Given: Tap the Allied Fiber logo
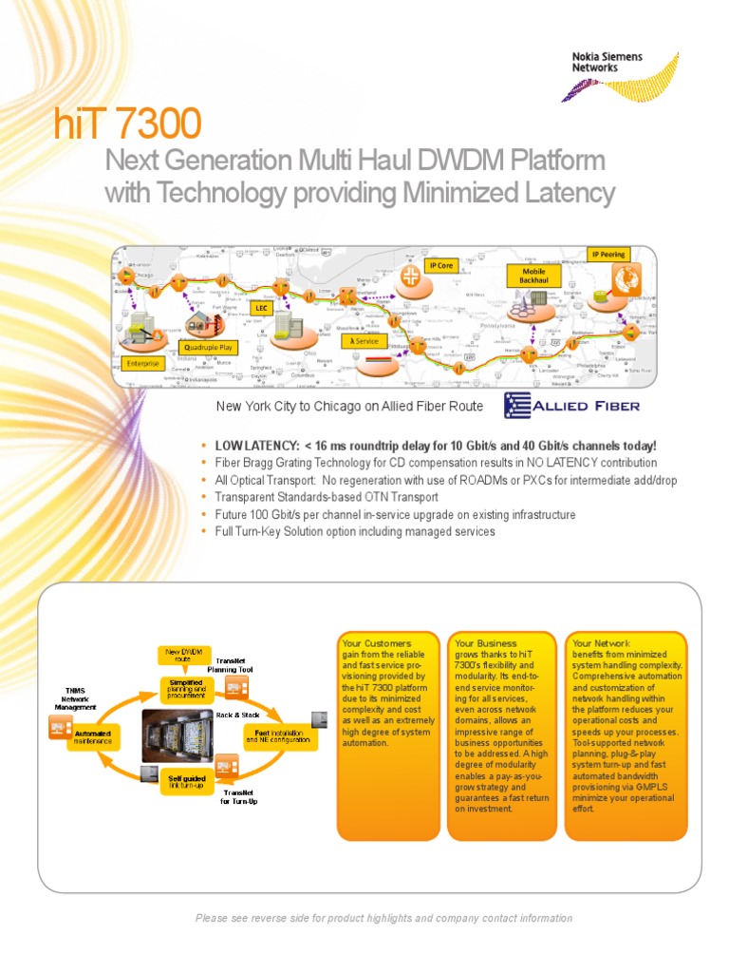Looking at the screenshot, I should pos(571,406).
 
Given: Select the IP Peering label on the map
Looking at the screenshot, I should pos(608,255).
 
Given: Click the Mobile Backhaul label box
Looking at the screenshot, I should pos(533,276).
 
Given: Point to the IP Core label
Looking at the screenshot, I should pos(440,265).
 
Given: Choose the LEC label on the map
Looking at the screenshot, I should pos(261,308).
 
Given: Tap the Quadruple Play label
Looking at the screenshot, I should pos(207,348).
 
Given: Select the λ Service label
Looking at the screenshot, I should pos(364,339).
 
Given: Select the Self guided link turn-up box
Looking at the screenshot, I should pos(187,781).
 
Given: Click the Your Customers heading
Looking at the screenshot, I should pos(377,643).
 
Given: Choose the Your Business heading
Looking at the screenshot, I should pos(486,643).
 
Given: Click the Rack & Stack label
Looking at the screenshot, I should pos(237,714).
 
